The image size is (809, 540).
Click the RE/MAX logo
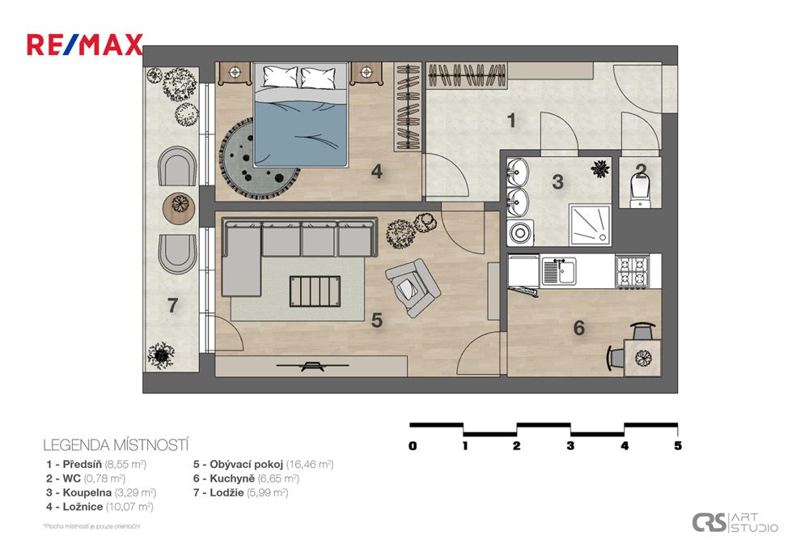pos(85,45)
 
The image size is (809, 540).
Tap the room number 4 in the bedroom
pos(376,172)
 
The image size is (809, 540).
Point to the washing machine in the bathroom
pos(519,233)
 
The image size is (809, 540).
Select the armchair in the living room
pos(413,287)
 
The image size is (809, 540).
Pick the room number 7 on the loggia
pos(172,306)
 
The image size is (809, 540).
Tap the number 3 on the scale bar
pos(571,445)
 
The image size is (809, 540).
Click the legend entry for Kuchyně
pos(239,478)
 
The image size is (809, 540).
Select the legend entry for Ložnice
pos(100,507)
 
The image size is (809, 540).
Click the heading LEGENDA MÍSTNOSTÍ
pos(116,444)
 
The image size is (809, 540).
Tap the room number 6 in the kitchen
pos(578,328)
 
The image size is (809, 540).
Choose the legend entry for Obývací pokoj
pos(263,465)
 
